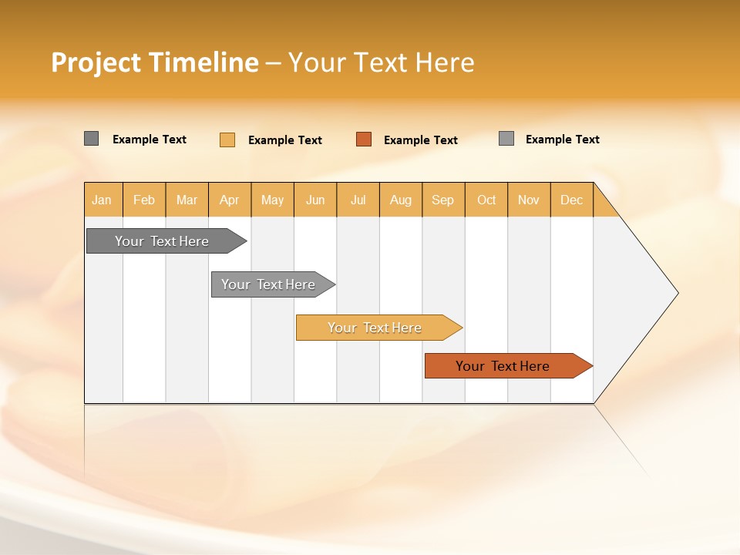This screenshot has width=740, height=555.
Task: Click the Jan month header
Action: (x=102, y=200)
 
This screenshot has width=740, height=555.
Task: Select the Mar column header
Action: (x=187, y=200)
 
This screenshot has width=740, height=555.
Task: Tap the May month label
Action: (x=272, y=200)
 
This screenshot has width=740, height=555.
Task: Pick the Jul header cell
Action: (x=358, y=200)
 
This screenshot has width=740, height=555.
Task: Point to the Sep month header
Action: (x=442, y=200)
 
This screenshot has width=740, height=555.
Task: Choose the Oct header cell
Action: (x=486, y=200)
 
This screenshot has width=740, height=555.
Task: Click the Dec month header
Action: (x=571, y=200)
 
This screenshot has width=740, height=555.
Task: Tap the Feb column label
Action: (x=144, y=200)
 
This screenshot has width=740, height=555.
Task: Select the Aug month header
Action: (x=400, y=200)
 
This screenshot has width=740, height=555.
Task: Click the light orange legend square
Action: (x=227, y=140)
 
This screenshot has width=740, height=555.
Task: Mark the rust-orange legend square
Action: (x=364, y=140)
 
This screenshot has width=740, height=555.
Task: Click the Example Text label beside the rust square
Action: (x=421, y=140)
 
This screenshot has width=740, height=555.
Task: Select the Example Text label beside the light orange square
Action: (x=285, y=140)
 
